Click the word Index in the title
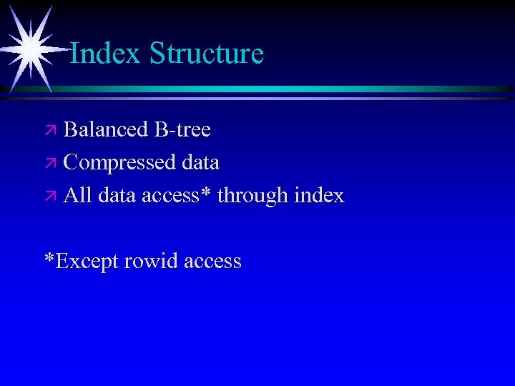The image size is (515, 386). point(105,53)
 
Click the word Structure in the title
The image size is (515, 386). point(207,53)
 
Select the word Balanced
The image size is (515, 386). point(106,129)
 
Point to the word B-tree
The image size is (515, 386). point(182,129)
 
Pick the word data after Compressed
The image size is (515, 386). point(200,162)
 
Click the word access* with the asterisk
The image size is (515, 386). point(176,195)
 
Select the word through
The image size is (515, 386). point(252,196)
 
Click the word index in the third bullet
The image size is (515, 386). point(319,195)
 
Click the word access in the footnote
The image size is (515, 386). point(212,261)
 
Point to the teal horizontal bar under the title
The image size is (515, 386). point(286,89)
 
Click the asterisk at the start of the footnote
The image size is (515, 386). point(49,257)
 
